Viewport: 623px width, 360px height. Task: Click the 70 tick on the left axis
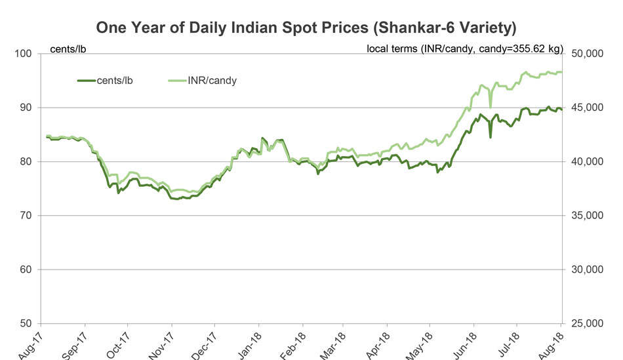28,216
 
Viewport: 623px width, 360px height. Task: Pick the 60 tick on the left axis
28,270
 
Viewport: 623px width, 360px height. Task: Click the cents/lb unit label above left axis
69,50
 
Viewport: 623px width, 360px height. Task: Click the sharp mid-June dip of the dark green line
491,137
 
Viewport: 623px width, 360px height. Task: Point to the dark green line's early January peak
262,138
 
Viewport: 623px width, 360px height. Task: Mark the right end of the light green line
561,71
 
